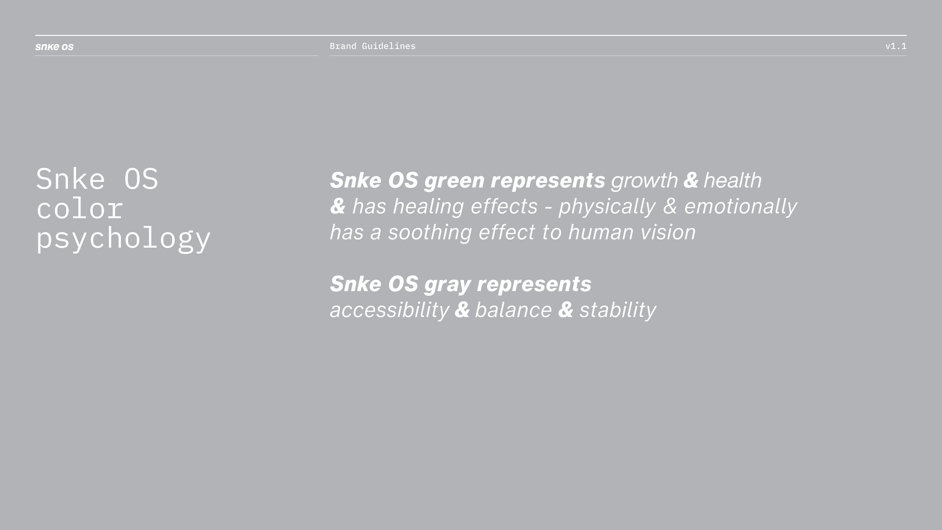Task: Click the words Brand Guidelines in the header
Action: (x=373, y=46)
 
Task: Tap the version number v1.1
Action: (x=896, y=46)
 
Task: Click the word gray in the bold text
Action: (x=447, y=285)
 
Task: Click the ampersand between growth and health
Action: (x=691, y=180)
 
